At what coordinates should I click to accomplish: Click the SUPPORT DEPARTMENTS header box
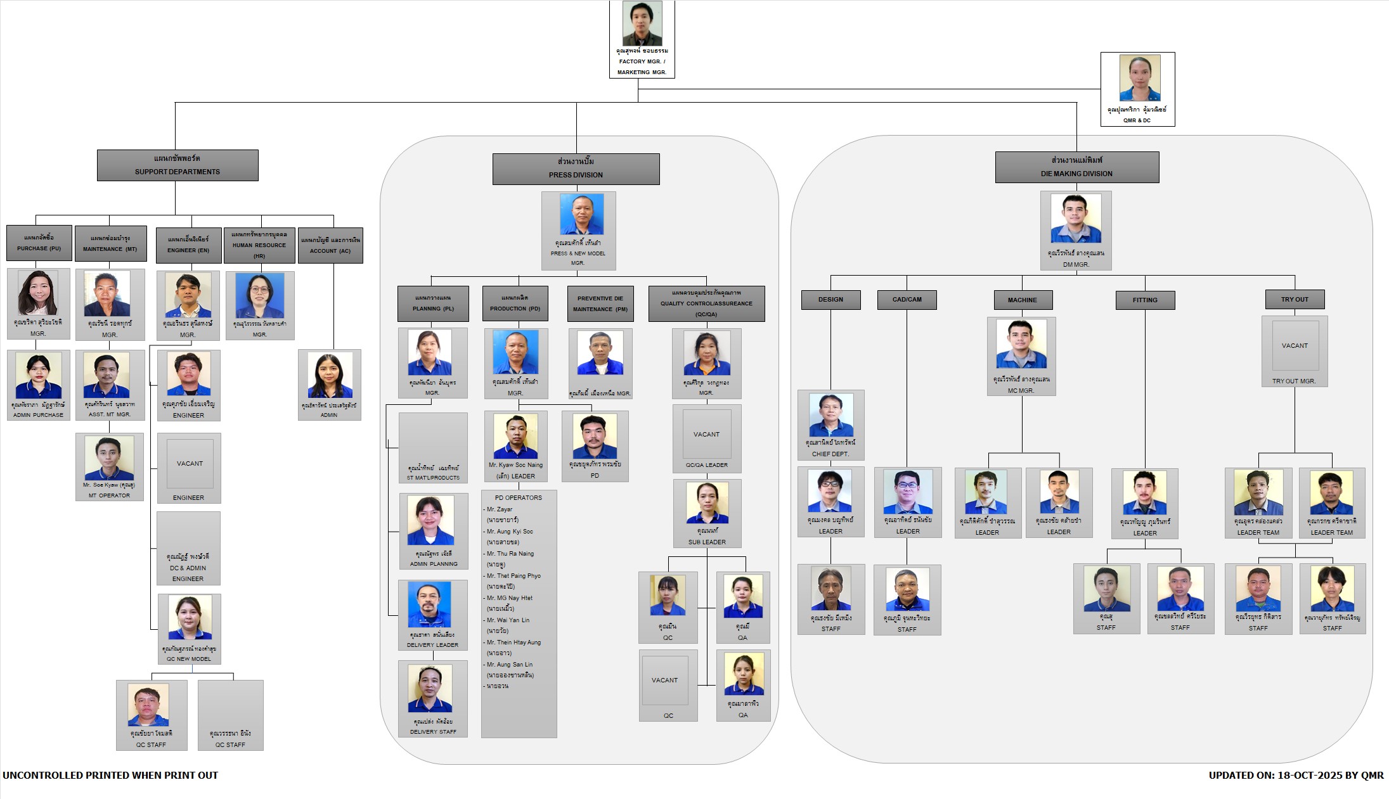pyautogui.click(x=178, y=165)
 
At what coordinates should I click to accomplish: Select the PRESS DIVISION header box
pyautogui.click(x=576, y=169)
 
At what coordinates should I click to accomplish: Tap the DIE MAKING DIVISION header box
pyautogui.click(x=1076, y=167)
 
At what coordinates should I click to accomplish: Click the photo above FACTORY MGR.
pyautogui.click(x=642, y=23)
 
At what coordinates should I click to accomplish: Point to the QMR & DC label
pyautogui.click(x=1137, y=120)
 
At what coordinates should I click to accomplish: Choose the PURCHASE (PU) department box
pyautogui.click(x=39, y=243)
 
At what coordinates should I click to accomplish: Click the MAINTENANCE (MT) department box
pyautogui.click(x=110, y=244)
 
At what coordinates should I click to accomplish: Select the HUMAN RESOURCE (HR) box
pyautogui.click(x=259, y=245)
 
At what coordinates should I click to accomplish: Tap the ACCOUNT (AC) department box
pyautogui.click(x=330, y=245)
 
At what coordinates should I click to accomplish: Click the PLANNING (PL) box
pyautogui.click(x=433, y=304)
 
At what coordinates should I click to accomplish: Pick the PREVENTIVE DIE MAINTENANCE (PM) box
pyautogui.click(x=600, y=304)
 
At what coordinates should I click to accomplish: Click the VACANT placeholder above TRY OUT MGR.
pyautogui.click(x=1295, y=346)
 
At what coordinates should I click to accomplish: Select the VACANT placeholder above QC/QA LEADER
pyautogui.click(x=706, y=435)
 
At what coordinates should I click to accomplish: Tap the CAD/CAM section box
pyautogui.click(x=907, y=300)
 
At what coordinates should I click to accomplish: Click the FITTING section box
pyautogui.click(x=1145, y=300)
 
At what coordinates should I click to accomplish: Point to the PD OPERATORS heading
pyautogui.click(x=518, y=498)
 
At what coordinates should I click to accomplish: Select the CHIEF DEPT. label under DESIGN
pyautogui.click(x=830, y=454)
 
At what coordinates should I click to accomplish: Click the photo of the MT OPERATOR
pyautogui.click(x=109, y=458)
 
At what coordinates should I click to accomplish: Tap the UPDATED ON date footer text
pyautogui.click(x=1296, y=776)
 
